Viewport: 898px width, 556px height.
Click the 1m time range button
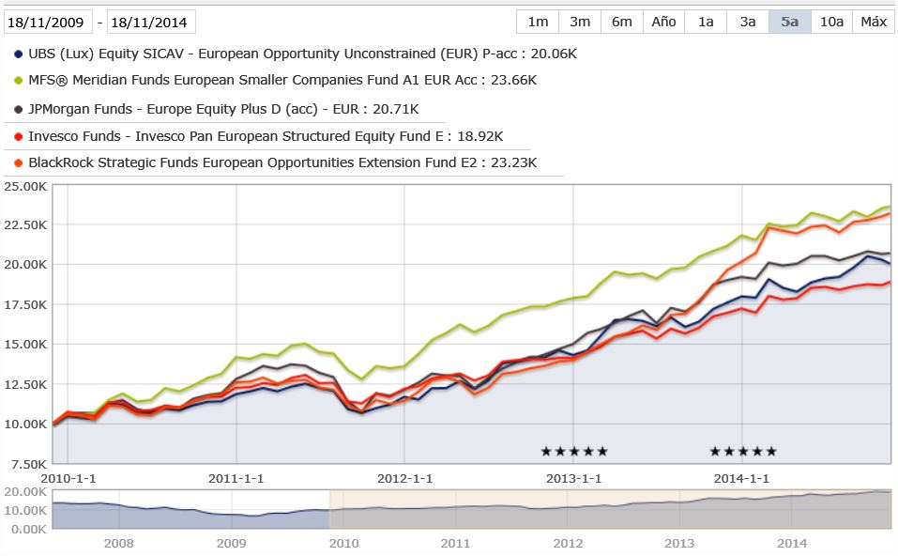(x=538, y=22)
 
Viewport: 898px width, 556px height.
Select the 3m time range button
(x=580, y=22)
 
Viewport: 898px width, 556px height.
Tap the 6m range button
(x=621, y=22)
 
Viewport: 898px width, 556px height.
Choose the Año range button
(x=663, y=22)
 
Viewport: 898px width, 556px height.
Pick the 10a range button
(x=831, y=22)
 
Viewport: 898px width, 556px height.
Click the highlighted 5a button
(x=789, y=22)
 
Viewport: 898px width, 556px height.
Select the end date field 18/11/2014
(x=151, y=22)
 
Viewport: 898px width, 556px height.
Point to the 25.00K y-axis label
(x=24, y=186)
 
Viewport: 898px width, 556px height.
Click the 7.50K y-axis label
(x=27, y=464)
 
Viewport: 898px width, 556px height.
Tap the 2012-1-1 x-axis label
(x=403, y=478)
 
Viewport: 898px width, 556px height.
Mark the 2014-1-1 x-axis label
(x=741, y=478)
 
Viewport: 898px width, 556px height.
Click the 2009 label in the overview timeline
(x=231, y=543)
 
